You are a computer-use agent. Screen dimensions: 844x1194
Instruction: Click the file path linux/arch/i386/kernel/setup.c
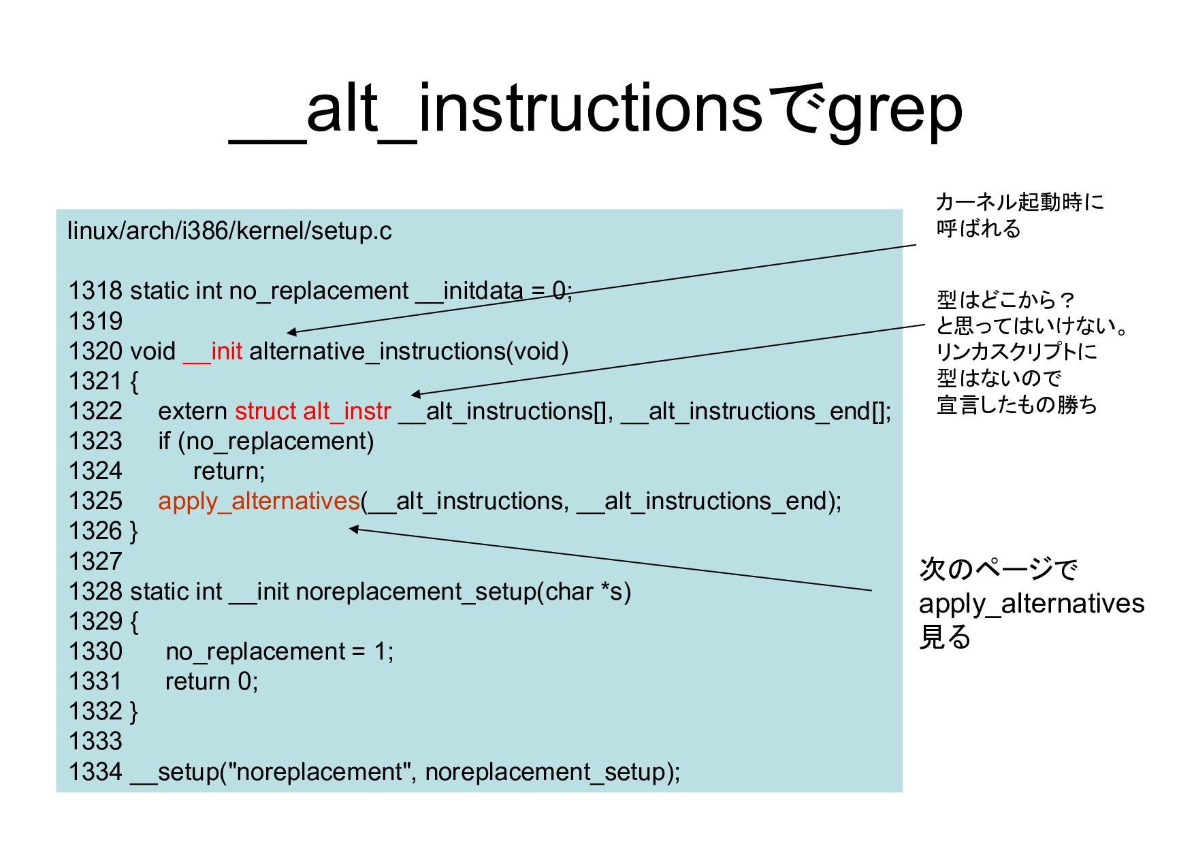click(x=229, y=231)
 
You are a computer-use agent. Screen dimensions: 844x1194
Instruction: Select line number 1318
click(x=95, y=291)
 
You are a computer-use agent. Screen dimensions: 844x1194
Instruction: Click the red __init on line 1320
click(x=212, y=352)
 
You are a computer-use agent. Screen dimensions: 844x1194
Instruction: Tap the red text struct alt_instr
click(x=313, y=412)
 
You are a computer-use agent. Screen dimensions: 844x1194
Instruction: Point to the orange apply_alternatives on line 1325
click(x=259, y=502)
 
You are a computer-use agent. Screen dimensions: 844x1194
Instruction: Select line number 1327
click(x=95, y=562)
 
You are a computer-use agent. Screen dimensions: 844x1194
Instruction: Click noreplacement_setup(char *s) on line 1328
click(x=463, y=592)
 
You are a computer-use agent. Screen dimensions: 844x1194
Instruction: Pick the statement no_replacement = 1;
click(x=279, y=652)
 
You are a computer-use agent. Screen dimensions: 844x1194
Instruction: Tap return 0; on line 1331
click(x=212, y=682)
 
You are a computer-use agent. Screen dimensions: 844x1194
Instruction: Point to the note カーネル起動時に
click(x=1019, y=202)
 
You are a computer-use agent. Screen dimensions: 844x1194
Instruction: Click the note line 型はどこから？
click(x=1005, y=299)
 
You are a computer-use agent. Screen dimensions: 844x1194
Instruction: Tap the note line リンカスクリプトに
click(x=1017, y=352)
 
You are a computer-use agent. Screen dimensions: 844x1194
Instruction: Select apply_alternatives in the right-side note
click(x=1031, y=604)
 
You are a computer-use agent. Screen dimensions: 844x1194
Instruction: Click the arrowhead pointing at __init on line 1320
click(x=291, y=332)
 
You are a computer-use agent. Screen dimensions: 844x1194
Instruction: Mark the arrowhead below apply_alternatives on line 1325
click(x=353, y=529)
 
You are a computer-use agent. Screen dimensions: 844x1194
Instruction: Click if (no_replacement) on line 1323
click(x=266, y=442)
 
